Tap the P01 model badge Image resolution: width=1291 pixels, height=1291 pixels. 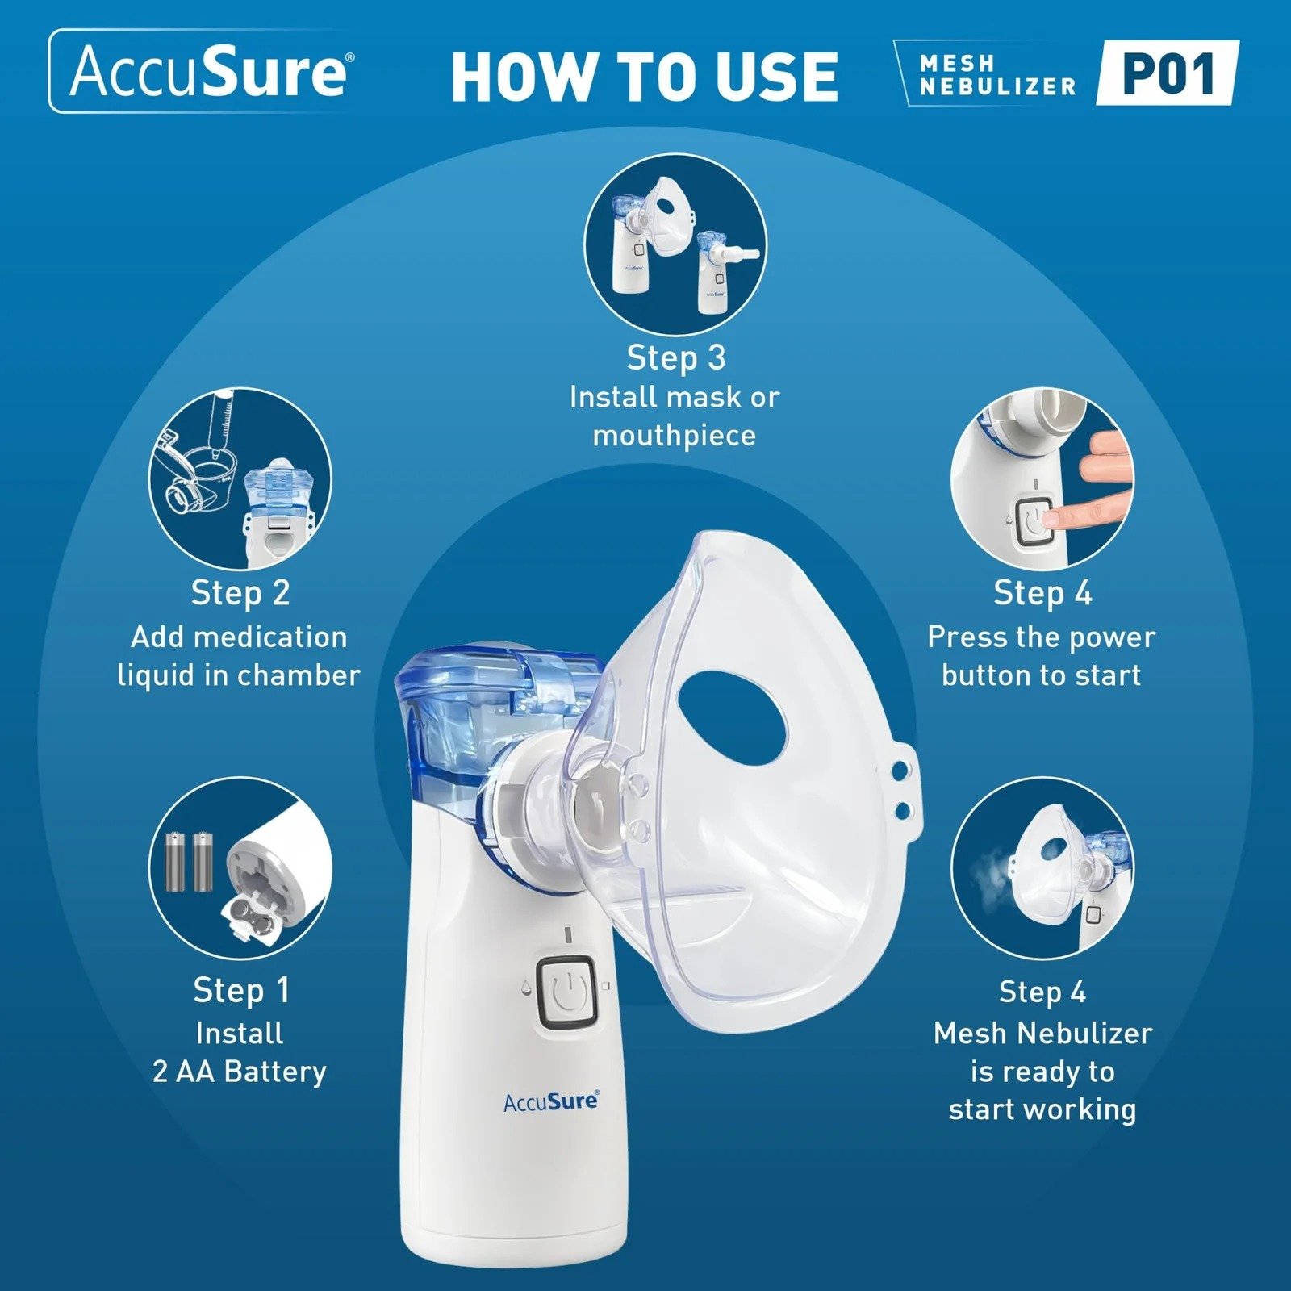pyautogui.click(x=1168, y=73)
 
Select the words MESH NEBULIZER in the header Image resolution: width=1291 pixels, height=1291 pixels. pyautogui.click(x=997, y=75)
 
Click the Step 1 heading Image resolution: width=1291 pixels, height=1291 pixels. pyautogui.click(x=240, y=990)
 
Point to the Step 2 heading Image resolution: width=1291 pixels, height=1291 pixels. pyautogui.click(x=240, y=592)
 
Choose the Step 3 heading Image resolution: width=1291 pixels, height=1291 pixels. pyautogui.click(x=675, y=357)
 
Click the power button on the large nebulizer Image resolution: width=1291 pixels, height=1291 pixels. pyautogui.click(x=566, y=993)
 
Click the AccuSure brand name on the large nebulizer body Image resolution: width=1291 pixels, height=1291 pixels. pyautogui.click(x=551, y=1101)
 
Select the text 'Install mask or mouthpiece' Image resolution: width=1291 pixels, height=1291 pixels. pyautogui.click(x=675, y=416)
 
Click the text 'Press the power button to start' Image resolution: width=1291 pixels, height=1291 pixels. pyautogui.click(x=1041, y=655)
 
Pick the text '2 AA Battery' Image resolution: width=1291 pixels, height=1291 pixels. pyautogui.click(x=240, y=1072)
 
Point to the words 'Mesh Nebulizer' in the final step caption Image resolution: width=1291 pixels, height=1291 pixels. pyautogui.click(x=1042, y=1033)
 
